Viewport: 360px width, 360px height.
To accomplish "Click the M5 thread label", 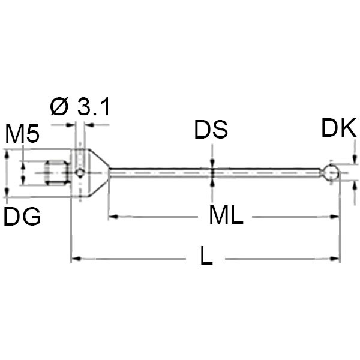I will point(22,135).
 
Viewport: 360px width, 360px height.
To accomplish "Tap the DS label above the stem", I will point(211,130).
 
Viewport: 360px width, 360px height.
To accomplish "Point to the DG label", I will point(22,217).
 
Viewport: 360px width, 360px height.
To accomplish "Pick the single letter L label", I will point(206,257).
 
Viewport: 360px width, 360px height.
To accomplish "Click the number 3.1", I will point(94,107).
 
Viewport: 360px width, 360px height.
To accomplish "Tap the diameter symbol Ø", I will point(60,107).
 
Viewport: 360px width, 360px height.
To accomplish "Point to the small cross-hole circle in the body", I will point(80,173).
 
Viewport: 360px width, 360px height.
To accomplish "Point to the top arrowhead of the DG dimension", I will point(7,154).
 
